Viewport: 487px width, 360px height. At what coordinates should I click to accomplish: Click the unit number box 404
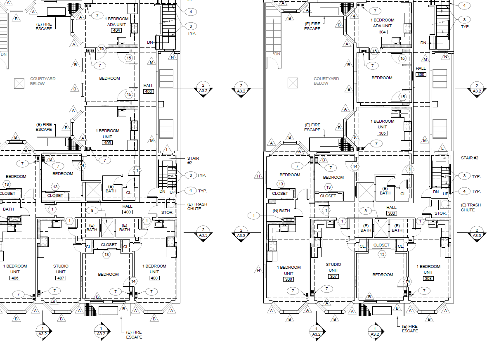click(x=117, y=31)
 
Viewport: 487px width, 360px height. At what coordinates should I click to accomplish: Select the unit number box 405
click(x=107, y=142)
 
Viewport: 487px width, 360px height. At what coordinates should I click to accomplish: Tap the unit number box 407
click(x=61, y=278)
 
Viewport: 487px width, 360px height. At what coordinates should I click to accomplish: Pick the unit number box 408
click(x=154, y=278)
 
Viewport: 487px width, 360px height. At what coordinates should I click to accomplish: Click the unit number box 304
click(x=382, y=32)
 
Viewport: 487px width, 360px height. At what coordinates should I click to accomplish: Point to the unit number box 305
click(x=382, y=133)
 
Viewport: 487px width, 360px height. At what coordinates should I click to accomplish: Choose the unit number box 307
click(x=333, y=277)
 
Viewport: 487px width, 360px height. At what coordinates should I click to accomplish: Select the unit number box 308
click(x=428, y=278)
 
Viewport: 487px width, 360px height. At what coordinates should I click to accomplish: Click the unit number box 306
click(x=288, y=279)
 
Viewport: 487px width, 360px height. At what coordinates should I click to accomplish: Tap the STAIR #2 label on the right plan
click(x=470, y=158)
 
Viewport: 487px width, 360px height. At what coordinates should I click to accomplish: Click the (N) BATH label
click(x=281, y=211)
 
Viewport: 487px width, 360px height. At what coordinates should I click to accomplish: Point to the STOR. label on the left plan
click(x=167, y=213)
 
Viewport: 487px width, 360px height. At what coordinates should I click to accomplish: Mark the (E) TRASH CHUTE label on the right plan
click(x=471, y=208)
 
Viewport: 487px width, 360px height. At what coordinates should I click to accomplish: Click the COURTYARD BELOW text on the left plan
click(x=43, y=81)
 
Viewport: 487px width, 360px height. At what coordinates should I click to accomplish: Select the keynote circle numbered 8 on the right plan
click(x=366, y=211)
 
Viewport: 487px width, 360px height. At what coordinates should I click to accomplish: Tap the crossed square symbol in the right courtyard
click(x=293, y=83)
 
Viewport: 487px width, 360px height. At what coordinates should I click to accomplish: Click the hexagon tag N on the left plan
click(x=173, y=57)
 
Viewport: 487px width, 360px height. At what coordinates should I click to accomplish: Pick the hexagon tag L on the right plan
click(x=442, y=149)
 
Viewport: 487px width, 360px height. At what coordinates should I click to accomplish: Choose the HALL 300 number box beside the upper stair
click(x=421, y=75)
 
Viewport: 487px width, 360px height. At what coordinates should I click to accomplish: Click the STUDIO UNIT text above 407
click(x=61, y=269)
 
